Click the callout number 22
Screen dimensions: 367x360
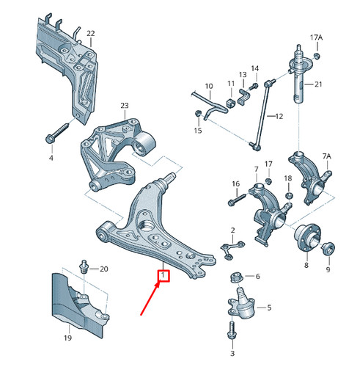(90, 34)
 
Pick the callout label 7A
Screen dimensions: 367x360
(326, 156)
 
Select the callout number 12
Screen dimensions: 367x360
(279, 117)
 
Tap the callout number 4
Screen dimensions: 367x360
(51, 158)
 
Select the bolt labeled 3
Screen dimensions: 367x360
(232, 334)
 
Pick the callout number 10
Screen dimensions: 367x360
(209, 86)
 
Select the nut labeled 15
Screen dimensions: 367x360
(198, 112)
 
